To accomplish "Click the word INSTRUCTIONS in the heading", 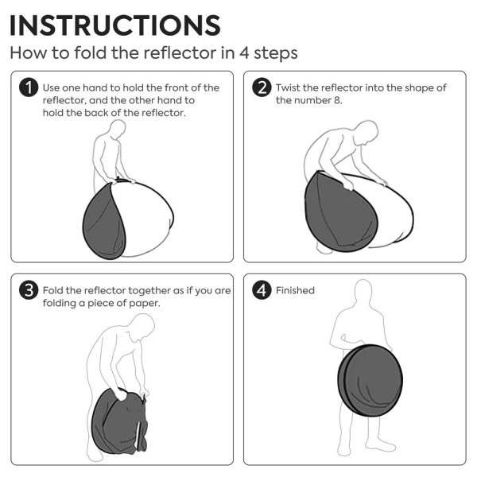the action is pyautogui.click(x=115, y=25).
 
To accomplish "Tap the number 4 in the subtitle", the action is pyautogui.click(x=244, y=52).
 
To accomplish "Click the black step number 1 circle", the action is pyautogui.click(x=29, y=87).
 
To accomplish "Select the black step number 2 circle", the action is pyautogui.click(x=262, y=87).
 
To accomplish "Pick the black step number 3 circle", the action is pyautogui.click(x=29, y=290).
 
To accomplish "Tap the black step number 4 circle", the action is pyautogui.click(x=262, y=290).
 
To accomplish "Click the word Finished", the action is pyautogui.click(x=295, y=290).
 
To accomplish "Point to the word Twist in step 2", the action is pyautogui.click(x=288, y=87).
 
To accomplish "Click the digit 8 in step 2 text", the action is pyautogui.click(x=337, y=100).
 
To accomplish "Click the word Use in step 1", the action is pyautogui.click(x=51, y=88).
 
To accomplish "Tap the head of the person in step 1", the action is pyautogui.click(x=118, y=129).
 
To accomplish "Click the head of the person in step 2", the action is pyautogui.click(x=366, y=132).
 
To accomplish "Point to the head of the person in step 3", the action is pyautogui.click(x=142, y=327).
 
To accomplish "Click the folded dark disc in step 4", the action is pyautogui.click(x=370, y=380).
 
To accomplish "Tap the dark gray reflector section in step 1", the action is pyautogui.click(x=103, y=223).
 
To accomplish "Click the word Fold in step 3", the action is pyautogui.click(x=52, y=290).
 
